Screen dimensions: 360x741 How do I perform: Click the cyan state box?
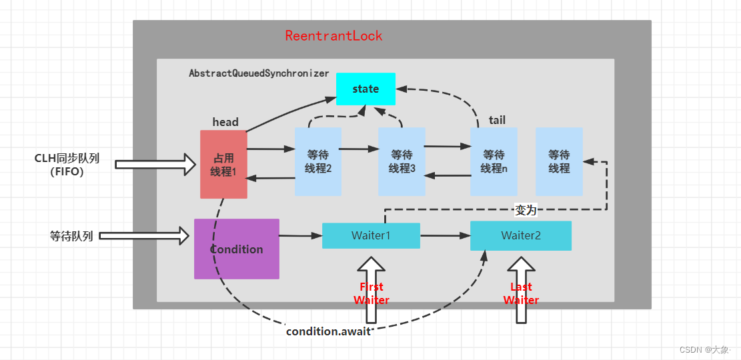pyautogui.click(x=365, y=89)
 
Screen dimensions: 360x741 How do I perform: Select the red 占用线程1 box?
pyautogui.click(x=223, y=164)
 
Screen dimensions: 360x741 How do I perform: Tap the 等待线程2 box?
pyautogui.click(x=318, y=161)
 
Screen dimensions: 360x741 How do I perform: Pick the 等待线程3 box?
pyautogui.click(x=402, y=161)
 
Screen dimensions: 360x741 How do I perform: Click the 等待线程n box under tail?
pyautogui.click(x=494, y=161)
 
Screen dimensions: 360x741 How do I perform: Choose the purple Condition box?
pyautogui.click(x=237, y=249)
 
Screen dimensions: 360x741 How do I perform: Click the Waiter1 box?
pyautogui.click(x=371, y=235)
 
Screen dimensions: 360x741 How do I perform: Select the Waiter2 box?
pyautogui.click(x=521, y=235)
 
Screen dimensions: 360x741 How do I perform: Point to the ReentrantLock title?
pyautogui.click(x=333, y=35)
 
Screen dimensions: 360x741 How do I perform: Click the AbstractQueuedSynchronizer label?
pyautogui.click(x=259, y=73)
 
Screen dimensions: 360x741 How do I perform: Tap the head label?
pyautogui.click(x=225, y=122)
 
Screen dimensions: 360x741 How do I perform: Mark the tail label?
pyautogui.click(x=497, y=120)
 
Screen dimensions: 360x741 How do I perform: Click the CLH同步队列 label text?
pyautogui.click(x=67, y=159)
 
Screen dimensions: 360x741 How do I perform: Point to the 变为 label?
pyautogui.click(x=526, y=210)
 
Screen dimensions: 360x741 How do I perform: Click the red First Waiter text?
pyautogui.click(x=372, y=293)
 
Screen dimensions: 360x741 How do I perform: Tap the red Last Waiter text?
pyautogui.click(x=521, y=293)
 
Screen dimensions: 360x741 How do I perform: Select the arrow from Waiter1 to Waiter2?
pyautogui.click(x=445, y=235)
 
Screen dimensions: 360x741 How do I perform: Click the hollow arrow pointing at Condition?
pyautogui.click(x=153, y=235)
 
